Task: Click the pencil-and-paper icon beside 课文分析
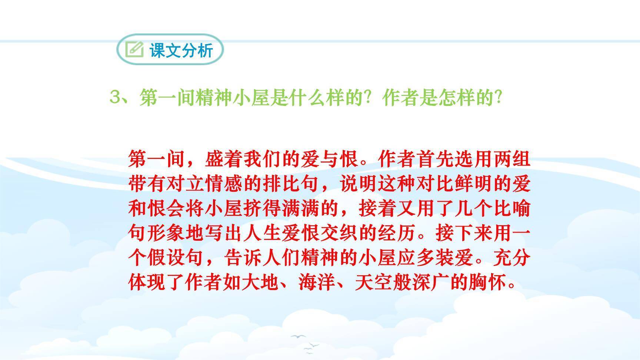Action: (x=134, y=49)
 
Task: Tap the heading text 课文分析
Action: (x=181, y=50)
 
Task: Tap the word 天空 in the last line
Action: (x=374, y=283)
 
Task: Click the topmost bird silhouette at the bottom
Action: (x=298, y=336)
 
